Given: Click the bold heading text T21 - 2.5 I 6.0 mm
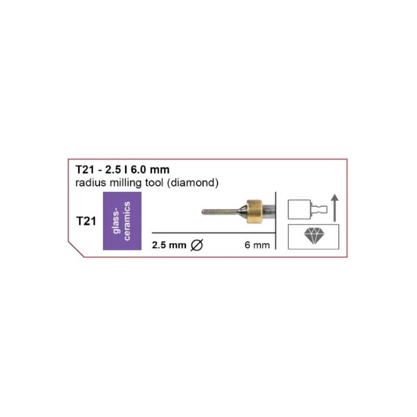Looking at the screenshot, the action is tap(123, 170).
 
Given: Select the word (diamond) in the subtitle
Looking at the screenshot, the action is tap(193, 183).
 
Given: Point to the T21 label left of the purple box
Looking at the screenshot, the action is tap(86, 221).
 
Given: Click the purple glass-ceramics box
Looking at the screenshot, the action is tap(122, 221).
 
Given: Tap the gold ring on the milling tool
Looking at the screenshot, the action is tap(254, 211).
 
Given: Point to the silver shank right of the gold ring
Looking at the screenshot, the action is tap(269, 211).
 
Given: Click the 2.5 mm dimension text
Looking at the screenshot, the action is tap(169, 245).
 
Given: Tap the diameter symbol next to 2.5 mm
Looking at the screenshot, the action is tap(197, 245).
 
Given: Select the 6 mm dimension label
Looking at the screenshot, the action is tap(257, 245).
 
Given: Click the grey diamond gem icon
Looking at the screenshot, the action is tap(314, 236).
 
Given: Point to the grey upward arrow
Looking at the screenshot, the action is tap(335, 208).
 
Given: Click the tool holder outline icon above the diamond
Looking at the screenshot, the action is tap(308, 209).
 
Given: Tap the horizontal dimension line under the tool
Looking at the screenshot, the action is tap(213, 233).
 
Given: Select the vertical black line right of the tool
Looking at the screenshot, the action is tap(276, 220).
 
